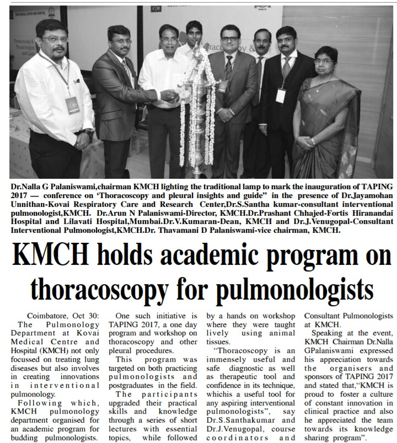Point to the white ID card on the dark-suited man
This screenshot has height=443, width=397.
[x=281, y=95]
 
